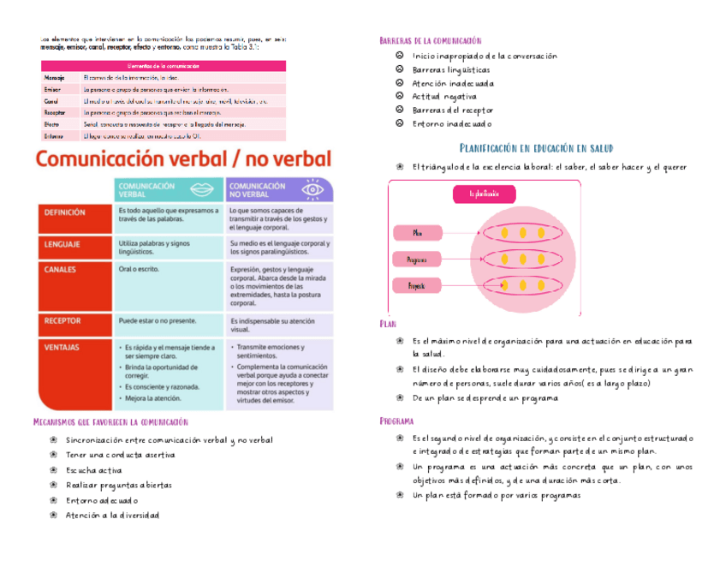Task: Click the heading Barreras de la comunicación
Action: point(430,40)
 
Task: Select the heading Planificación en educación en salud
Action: point(536,148)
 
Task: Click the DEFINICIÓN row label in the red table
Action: point(65,212)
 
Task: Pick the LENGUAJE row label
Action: point(62,244)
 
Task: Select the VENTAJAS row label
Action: point(62,348)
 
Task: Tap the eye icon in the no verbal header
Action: point(312,189)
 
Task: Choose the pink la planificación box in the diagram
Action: point(484,194)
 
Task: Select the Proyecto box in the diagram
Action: point(417,285)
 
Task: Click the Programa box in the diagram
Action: point(417,259)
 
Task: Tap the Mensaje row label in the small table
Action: point(54,77)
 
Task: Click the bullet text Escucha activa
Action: point(94,470)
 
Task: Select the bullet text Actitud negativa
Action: point(444,97)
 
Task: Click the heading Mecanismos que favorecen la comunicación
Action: point(110,421)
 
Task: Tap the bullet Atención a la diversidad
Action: point(112,515)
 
